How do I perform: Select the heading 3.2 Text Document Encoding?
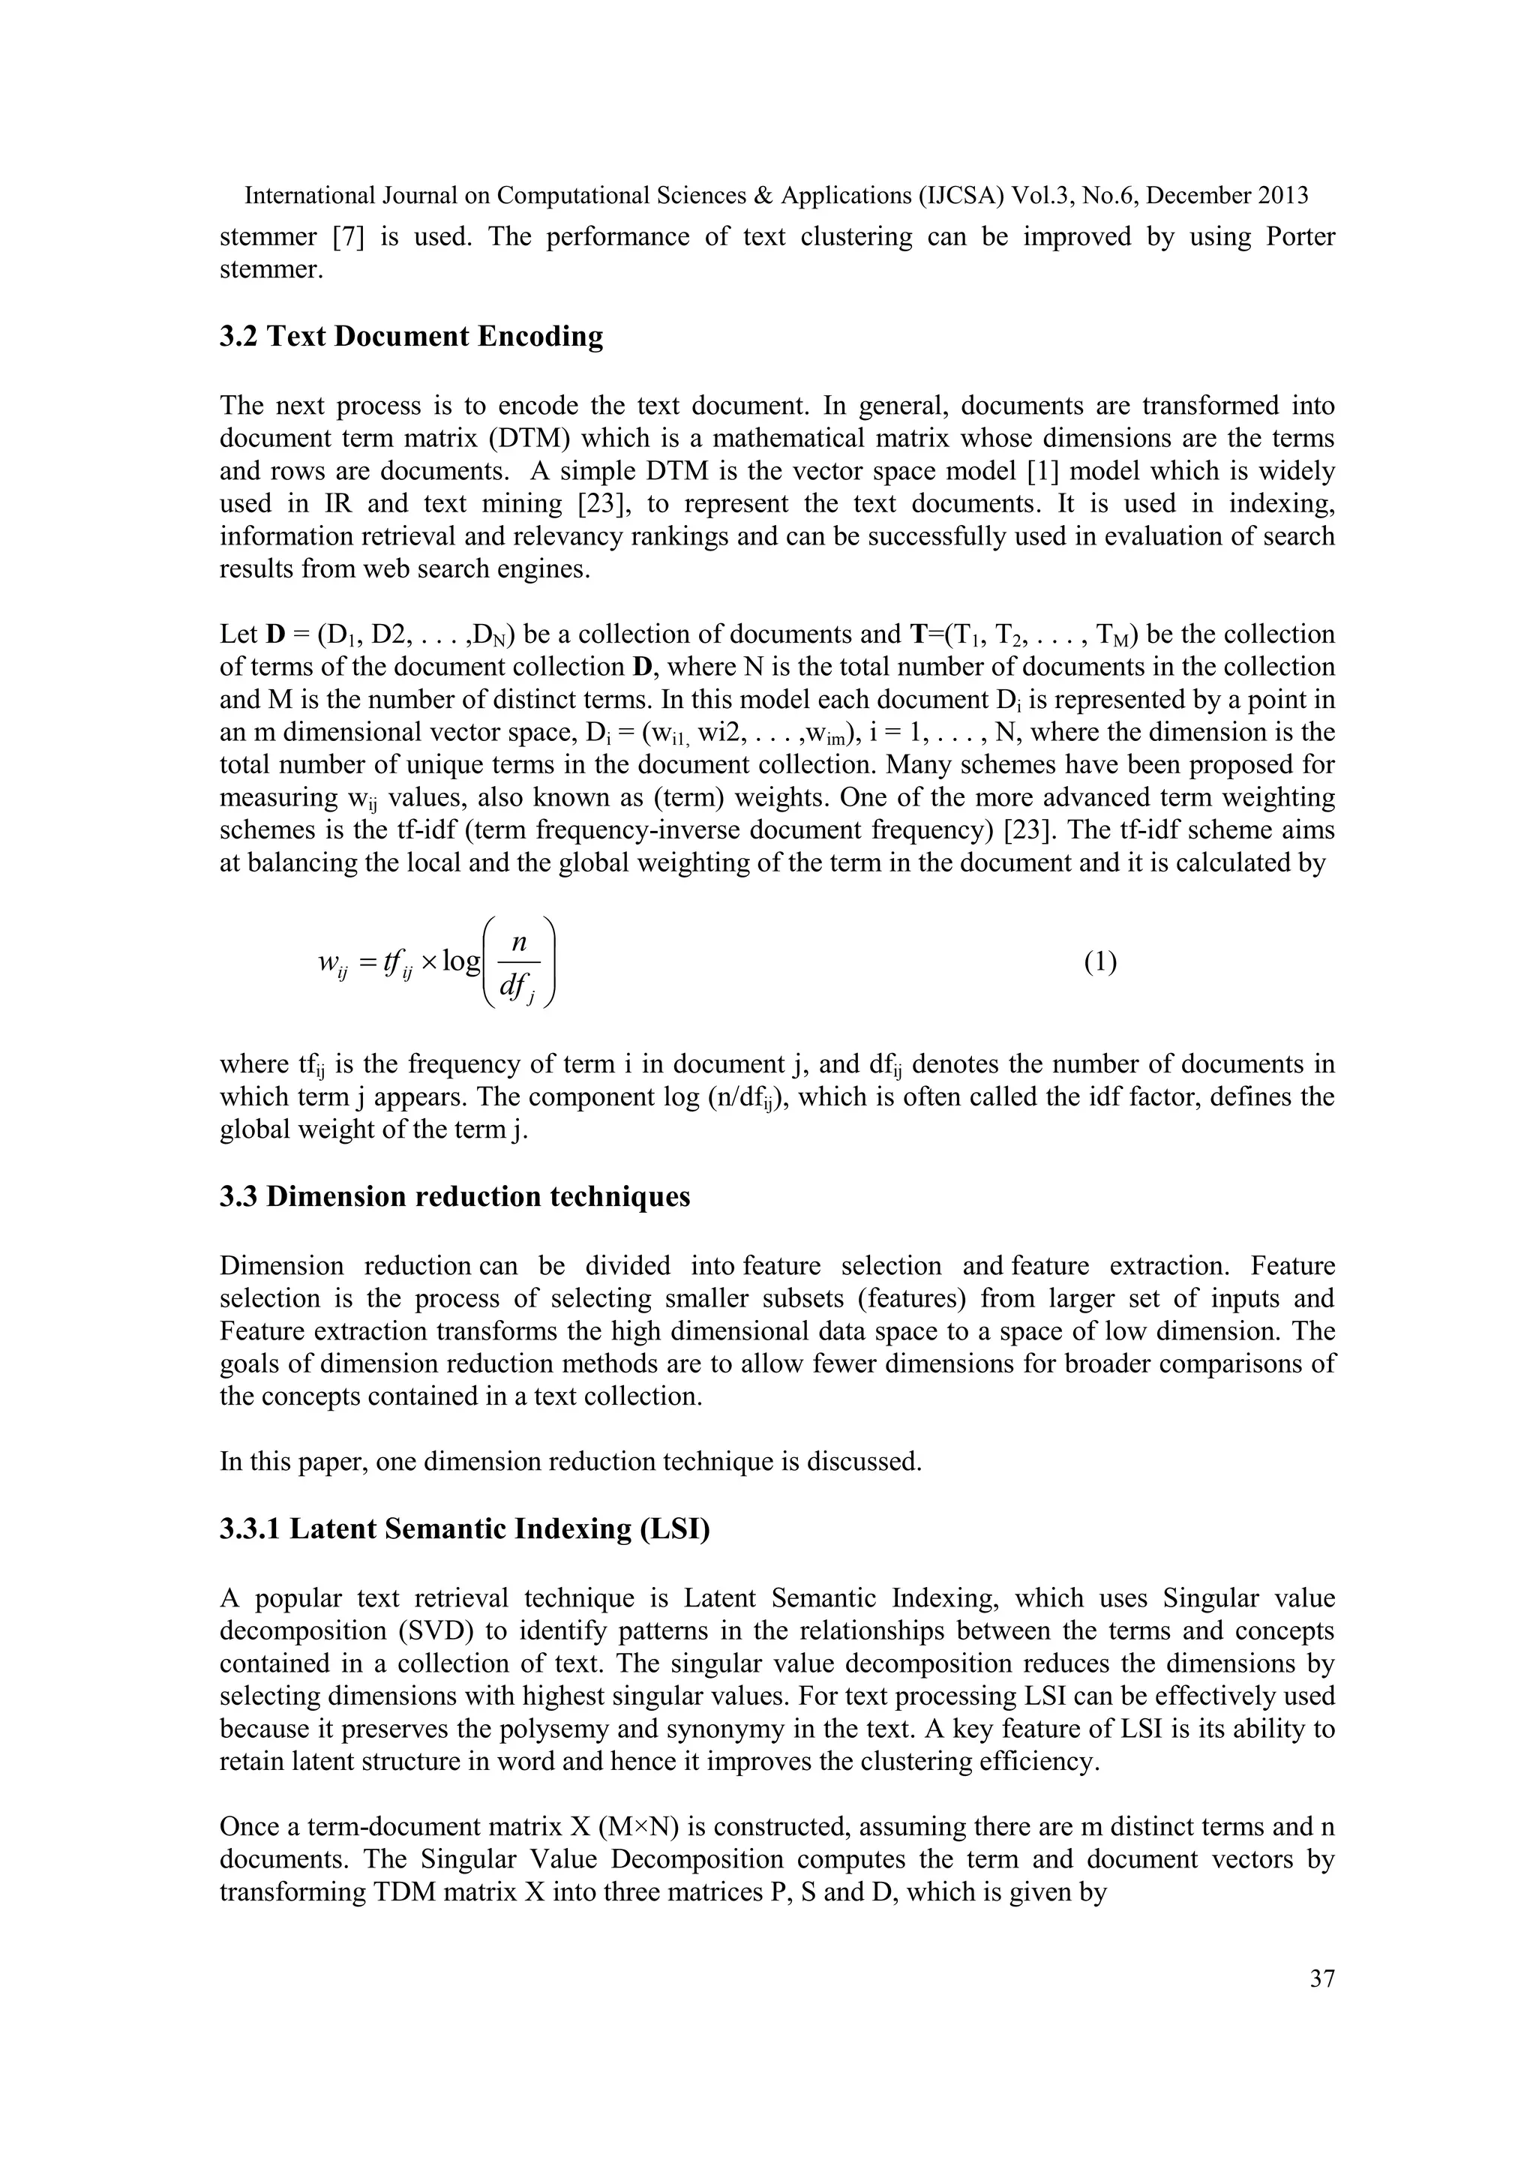coord(412,337)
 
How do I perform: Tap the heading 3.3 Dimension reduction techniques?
coord(455,1197)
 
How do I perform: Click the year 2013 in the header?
coord(1283,196)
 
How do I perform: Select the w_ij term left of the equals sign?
coord(333,964)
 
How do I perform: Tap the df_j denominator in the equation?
coord(518,988)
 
